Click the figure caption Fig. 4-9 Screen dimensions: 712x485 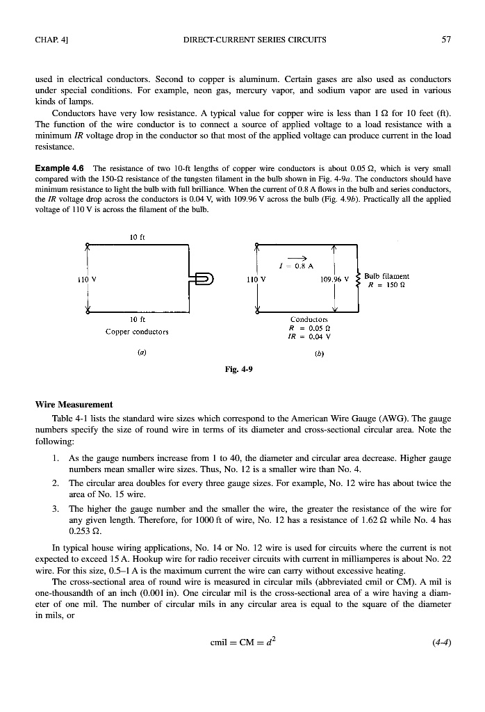(x=238, y=369)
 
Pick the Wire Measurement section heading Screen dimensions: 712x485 (x=74, y=404)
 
